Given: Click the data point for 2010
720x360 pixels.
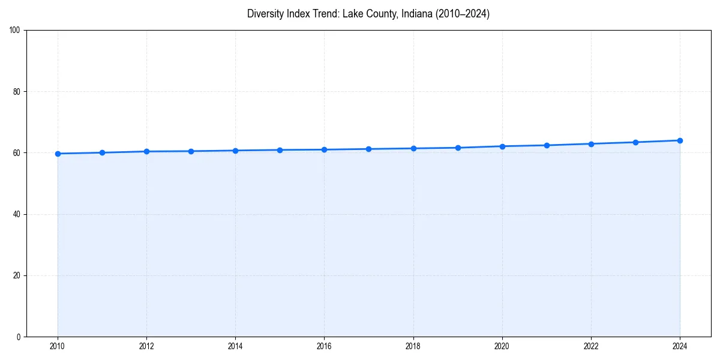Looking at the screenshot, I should (58, 154).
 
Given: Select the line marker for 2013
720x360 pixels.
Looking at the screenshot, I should (191, 151).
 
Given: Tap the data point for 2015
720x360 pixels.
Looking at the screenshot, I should (280, 150).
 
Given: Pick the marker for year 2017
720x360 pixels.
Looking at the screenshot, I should (368, 149).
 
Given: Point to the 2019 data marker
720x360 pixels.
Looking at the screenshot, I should (458, 148).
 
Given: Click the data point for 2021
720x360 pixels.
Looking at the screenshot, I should (547, 145).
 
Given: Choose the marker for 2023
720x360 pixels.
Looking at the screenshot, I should (635, 142).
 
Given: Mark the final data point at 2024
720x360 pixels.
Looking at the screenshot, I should (680, 140).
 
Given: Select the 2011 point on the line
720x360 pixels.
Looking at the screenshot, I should (102, 152).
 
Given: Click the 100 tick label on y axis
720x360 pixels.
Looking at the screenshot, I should (16, 31).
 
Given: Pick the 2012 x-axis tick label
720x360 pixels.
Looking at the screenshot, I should (146, 346).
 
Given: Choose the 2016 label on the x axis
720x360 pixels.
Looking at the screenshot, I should (324, 346).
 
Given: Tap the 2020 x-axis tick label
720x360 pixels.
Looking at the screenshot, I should (502, 346).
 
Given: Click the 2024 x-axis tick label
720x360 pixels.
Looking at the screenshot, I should (680, 346).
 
